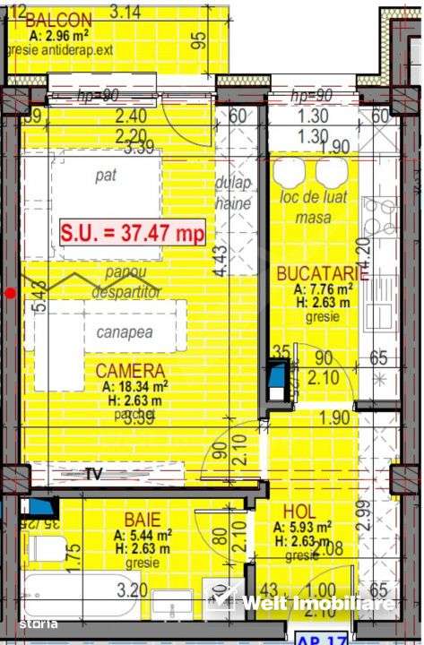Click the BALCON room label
(x=58, y=20)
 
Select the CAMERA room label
(x=132, y=371)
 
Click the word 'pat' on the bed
(x=107, y=176)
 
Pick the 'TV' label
(x=93, y=476)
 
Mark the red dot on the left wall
(x=10, y=292)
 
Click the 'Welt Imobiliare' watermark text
(x=318, y=604)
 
